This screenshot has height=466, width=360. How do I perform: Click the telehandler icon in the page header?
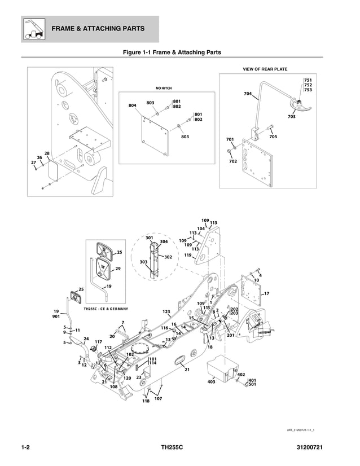pos(33,29)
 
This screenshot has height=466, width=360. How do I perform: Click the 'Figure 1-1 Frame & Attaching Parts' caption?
pos(172,52)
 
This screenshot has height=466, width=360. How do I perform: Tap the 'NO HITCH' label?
pos(164,88)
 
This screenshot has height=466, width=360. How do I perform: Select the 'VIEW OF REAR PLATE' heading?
pos(265,69)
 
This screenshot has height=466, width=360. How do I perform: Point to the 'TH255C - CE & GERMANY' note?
pos(106,309)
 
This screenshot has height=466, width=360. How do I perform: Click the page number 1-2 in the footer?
pos(25,449)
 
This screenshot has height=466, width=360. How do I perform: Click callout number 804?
pos(132,105)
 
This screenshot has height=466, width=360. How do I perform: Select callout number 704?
pos(248,94)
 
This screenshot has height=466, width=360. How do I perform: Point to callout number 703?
pos(291,117)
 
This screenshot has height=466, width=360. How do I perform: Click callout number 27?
pos(33,162)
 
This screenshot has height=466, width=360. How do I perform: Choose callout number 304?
pos(164,241)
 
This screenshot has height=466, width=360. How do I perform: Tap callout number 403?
pos(211,382)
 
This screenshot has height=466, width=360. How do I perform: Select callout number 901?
pos(56,317)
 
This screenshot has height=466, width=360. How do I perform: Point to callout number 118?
pos(146,401)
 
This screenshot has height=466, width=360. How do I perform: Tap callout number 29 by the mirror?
pos(118,269)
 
